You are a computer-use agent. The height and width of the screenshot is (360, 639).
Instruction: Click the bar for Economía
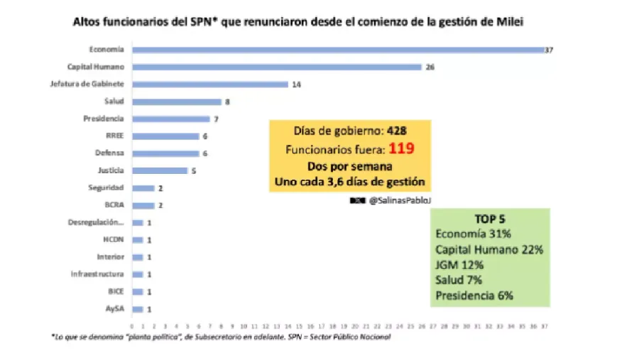(x=337, y=50)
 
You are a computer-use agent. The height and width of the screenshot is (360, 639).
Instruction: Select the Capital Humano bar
(x=277, y=67)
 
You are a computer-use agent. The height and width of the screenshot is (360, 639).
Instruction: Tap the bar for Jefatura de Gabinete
(x=209, y=84)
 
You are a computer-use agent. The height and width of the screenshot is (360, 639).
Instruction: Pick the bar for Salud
(x=177, y=102)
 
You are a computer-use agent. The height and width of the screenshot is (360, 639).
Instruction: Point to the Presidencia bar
(x=171, y=119)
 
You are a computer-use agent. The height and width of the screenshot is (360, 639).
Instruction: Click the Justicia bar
(x=160, y=170)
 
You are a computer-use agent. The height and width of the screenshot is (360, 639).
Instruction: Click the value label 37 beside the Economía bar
(x=549, y=50)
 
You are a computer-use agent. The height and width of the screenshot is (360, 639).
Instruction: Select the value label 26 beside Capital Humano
(x=430, y=67)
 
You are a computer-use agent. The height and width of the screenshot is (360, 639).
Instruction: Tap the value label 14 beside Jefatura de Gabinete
(x=296, y=84)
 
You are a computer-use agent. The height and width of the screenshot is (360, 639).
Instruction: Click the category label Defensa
(x=109, y=153)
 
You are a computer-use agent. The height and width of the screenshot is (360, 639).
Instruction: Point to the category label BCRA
(x=114, y=205)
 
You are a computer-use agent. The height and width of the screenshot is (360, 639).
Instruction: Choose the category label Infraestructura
(x=97, y=274)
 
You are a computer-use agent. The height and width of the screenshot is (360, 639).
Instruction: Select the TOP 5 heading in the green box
(x=489, y=219)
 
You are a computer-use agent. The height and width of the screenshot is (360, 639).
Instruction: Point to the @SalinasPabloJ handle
(x=400, y=201)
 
